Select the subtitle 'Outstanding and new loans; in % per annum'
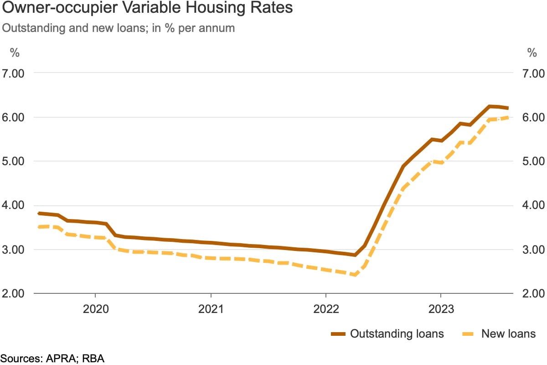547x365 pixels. coord(119,28)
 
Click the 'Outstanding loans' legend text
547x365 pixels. coord(397,334)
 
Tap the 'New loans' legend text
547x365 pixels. coord(508,334)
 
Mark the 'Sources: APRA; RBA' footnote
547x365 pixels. coord(52,358)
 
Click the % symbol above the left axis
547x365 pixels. coord(15,52)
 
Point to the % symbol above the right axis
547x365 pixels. coord(532,52)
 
